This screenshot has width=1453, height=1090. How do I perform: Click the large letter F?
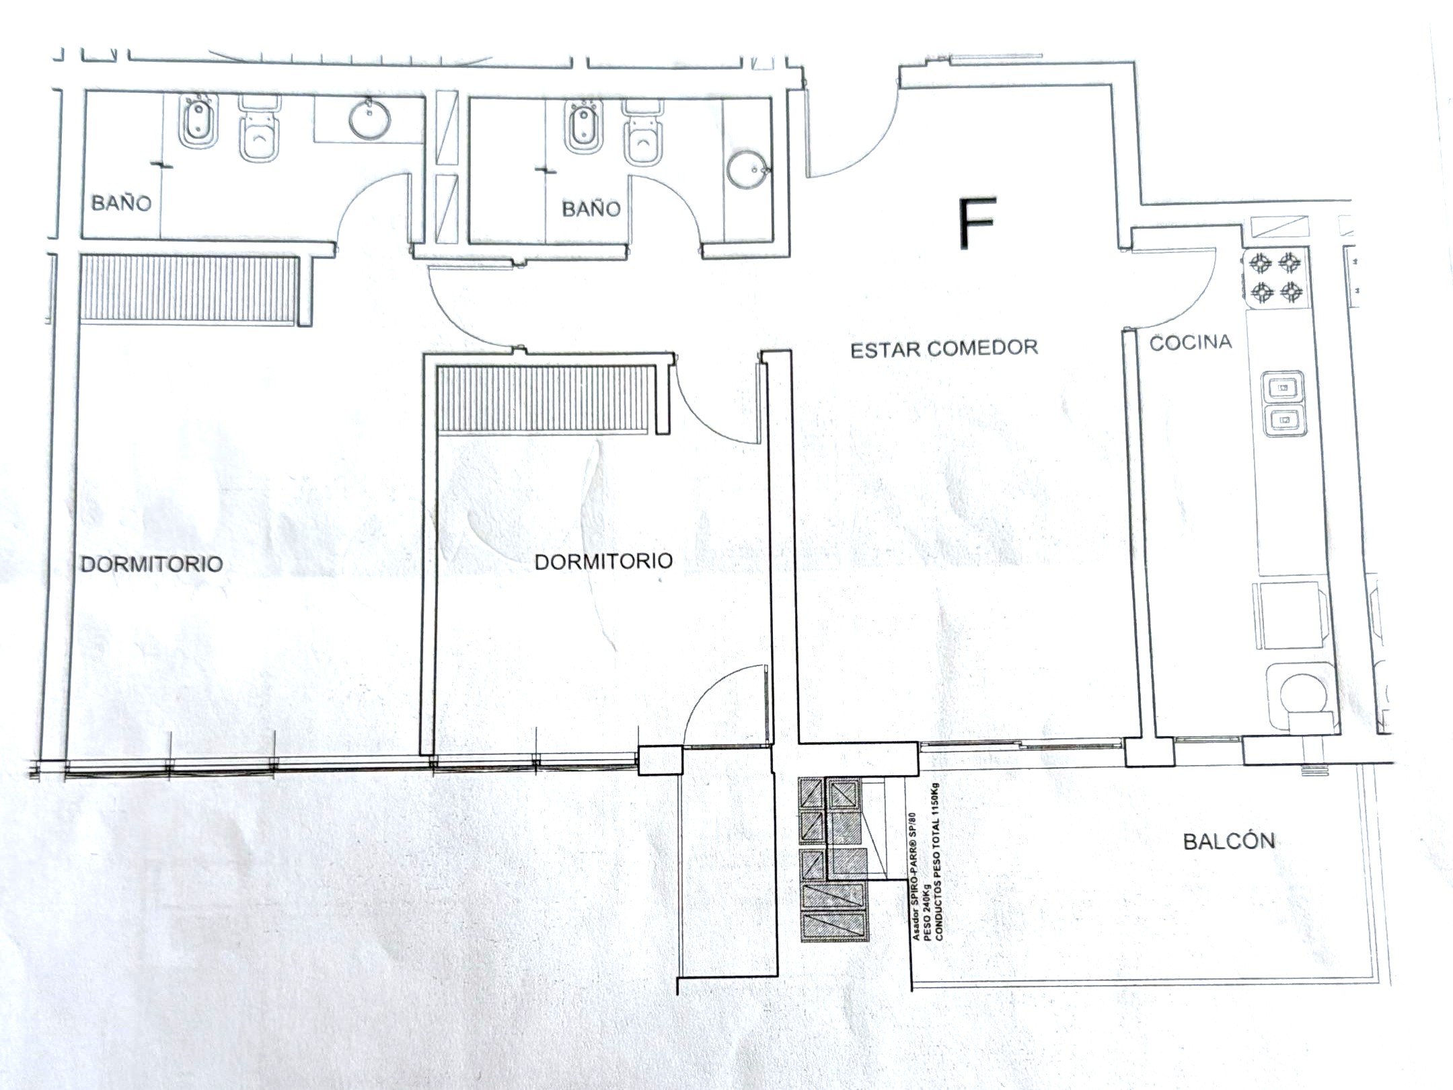click(977, 223)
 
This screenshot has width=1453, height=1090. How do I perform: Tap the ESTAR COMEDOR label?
click(944, 349)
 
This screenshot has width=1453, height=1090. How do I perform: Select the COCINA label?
click(1191, 342)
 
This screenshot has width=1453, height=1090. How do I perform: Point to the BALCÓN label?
click(1229, 840)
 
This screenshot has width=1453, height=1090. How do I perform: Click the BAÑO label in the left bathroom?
click(121, 203)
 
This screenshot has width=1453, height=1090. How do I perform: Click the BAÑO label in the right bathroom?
click(591, 209)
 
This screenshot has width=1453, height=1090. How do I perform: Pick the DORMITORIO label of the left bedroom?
click(152, 563)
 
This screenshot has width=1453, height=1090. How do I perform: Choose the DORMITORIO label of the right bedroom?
click(603, 561)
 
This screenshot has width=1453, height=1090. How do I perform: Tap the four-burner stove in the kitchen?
click(1276, 278)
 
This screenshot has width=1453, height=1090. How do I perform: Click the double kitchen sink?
click(1283, 403)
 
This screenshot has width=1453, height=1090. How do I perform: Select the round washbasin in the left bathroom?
click(369, 119)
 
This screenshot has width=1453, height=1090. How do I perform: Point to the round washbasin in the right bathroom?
click(747, 170)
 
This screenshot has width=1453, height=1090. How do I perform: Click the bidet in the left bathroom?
click(198, 121)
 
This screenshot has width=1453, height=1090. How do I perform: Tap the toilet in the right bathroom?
click(643, 133)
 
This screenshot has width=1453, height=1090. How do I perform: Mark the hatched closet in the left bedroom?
click(188, 289)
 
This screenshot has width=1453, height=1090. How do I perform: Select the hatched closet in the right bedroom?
click(546, 399)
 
